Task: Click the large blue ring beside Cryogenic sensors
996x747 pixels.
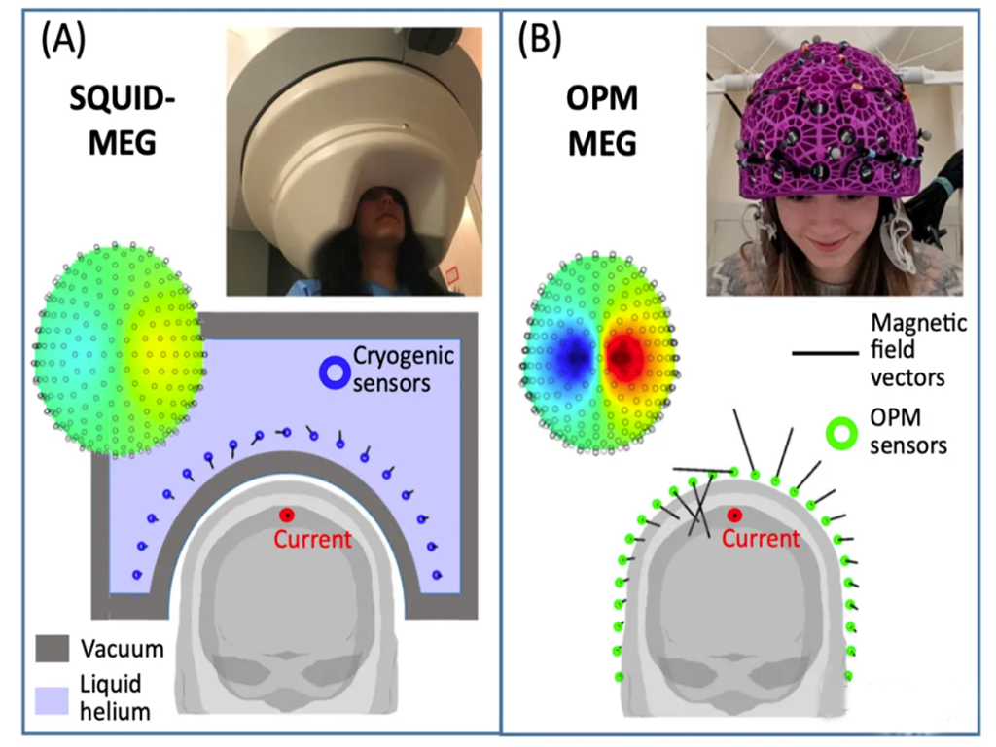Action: (337, 373)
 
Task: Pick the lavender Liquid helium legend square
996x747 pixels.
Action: (53, 697)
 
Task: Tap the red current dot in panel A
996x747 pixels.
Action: (286, 516)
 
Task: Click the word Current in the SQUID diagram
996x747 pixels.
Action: (312, 539)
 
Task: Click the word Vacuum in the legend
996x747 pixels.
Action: (122, 648)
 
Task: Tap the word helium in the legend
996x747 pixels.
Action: (116, 711)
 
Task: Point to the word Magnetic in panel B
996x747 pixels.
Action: (919, 323)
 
